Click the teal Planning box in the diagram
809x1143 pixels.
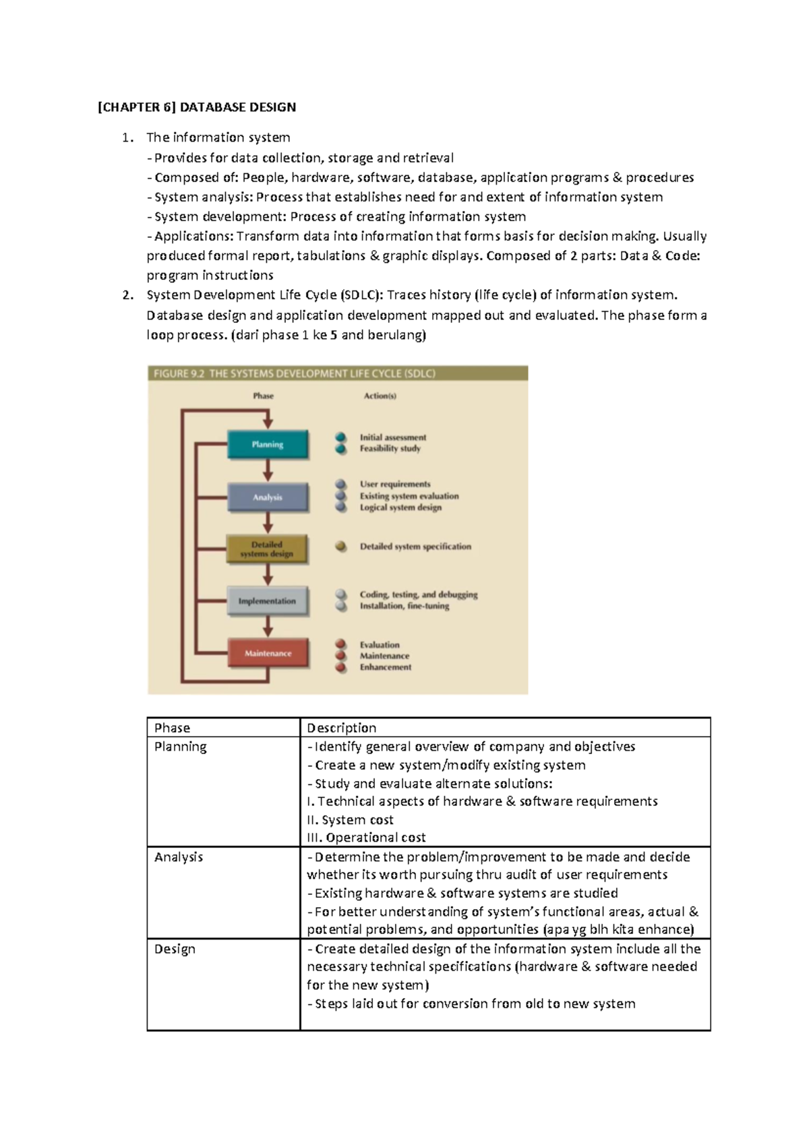point(268,445)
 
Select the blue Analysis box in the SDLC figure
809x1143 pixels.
point(268,497)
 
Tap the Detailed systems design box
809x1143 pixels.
point(268,549)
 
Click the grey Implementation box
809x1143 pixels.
point(268,601)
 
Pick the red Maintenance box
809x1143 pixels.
point(268,653)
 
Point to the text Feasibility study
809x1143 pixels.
point(390,449)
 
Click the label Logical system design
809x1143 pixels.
point(400,507)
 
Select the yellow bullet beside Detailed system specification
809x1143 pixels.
point(341,547)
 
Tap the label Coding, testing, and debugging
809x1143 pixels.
point(419,594)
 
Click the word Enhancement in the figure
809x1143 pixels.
point(385,667)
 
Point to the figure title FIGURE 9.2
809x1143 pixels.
point(179,373)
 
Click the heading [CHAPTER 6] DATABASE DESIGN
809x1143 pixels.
point(197,107)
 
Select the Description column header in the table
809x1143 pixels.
point(341,728)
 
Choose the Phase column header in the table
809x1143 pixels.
point(172,728)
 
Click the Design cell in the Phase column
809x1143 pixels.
point(175,949)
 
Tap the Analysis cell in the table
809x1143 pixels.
point(178,857)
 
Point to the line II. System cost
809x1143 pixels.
point(350,820)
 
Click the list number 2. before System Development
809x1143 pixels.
point(128,295)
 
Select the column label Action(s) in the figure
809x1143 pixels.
point(380,396)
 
